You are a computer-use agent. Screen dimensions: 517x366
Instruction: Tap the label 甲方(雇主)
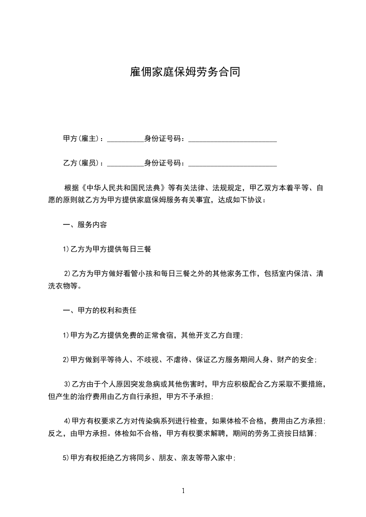(x=83, y=138)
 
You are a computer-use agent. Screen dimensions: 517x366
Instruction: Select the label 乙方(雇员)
(x=83, y=163)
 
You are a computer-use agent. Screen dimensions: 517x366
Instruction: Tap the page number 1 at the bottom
(x=183, y=491)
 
